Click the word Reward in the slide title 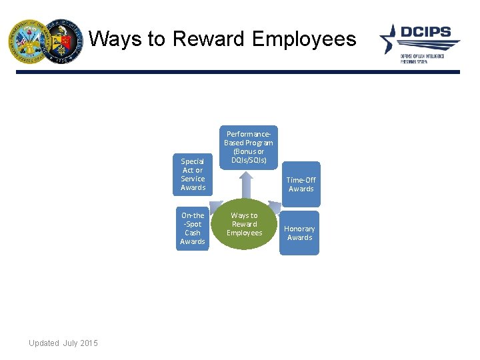coord(209,39)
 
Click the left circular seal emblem coord(27,41)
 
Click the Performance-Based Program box coord(248,147)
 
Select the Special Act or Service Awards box coord(193,174)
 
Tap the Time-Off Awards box coord(301,184)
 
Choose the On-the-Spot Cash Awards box coord(193,228)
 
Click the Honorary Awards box coord(299,233)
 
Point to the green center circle coord(245,225)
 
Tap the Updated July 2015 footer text coord(63,343)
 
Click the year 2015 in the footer coord(89,343)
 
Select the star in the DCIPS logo coord(389,39)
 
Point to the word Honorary coord(299,229)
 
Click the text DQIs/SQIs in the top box coord(248,160)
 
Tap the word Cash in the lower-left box coord(193,233)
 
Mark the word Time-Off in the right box coord(301,180)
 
